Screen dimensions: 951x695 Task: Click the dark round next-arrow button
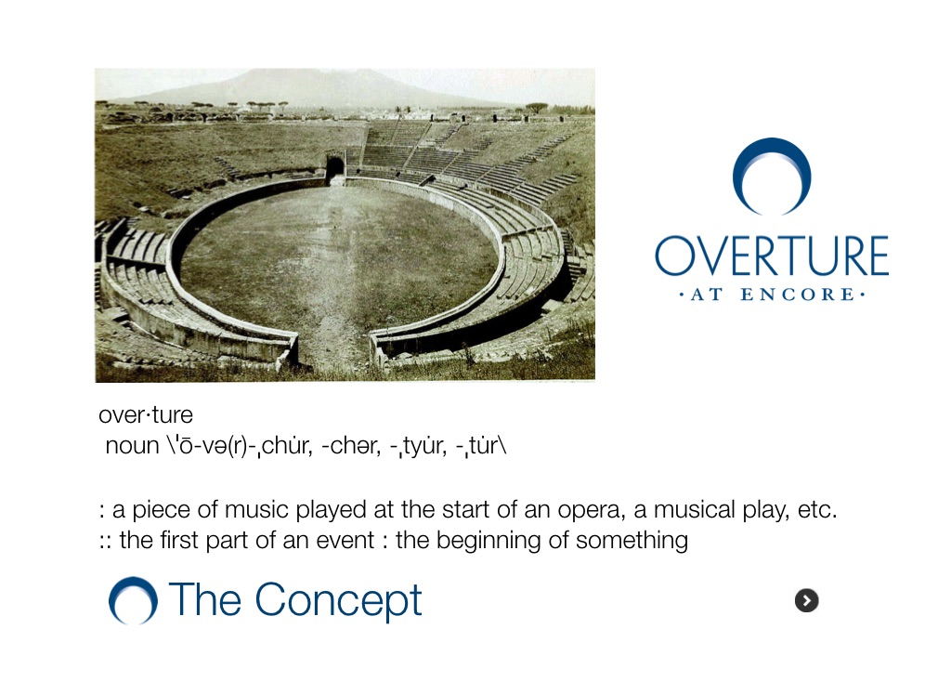807,600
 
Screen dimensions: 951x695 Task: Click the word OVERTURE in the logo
772,256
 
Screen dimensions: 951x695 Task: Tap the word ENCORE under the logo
798,295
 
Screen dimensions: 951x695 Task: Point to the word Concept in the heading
338,600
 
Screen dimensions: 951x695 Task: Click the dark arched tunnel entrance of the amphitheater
334,166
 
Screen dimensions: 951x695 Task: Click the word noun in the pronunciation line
132,446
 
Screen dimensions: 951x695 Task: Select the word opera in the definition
592,510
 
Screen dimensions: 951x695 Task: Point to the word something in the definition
632,541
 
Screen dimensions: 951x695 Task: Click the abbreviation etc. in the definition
817,510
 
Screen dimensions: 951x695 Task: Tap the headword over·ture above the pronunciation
146,415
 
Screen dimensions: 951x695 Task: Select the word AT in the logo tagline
707,295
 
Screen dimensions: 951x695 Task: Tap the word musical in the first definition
694,509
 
